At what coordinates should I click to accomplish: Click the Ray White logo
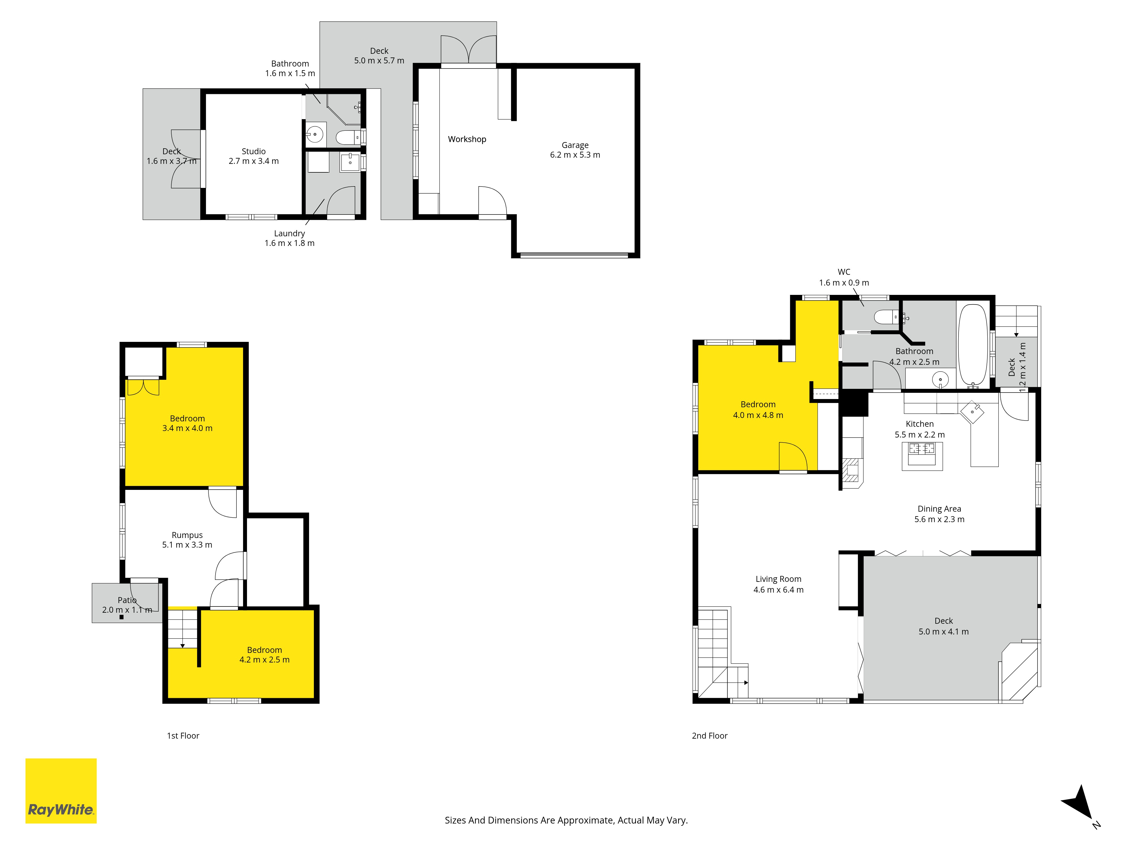tap(61, 791)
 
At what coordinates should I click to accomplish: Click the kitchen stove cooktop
tap(922, 449)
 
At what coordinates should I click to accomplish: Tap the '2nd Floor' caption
tap(710, 736)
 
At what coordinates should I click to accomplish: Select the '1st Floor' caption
tap(183, 736)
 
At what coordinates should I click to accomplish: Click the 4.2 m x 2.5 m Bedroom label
tap(264, 655)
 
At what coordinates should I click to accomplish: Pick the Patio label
tap(127, 600)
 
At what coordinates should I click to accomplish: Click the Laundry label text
tap(289, 233)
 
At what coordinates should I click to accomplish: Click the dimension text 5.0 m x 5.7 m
tap(379, 60)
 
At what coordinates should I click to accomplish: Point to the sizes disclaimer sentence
tap(566, 820)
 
